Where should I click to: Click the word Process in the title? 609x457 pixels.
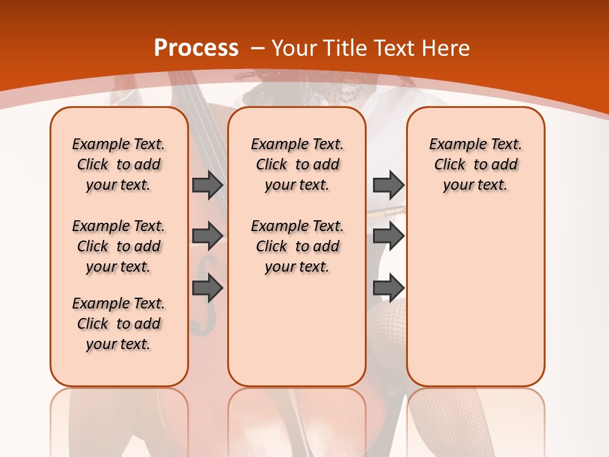pyautogui.click(x=196, y=48)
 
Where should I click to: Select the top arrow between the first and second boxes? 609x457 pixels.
pyautogui.click(x=207, y=185)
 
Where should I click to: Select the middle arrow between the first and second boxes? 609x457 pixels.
pyautogui.click(x=207, y=236)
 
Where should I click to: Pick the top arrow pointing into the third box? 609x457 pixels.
pyautogui.click(x=388, y=185)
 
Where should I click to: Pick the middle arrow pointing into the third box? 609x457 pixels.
pyautogui.click(x=388, y=236)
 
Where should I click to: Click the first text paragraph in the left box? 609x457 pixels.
pyautogui.click(x=119, y=164)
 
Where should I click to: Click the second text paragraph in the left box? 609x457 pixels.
pyautogui.click(x=119, y=246)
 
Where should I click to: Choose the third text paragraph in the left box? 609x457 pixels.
pyautogui.click(x=119, y=324)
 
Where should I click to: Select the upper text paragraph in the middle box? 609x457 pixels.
pyautogui.click(x=297, y=164)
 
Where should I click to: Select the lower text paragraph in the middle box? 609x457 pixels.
pyautogui.click(x=297, y=246)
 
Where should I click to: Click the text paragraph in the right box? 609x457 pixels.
pyautogui.click(x=475, y=164)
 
